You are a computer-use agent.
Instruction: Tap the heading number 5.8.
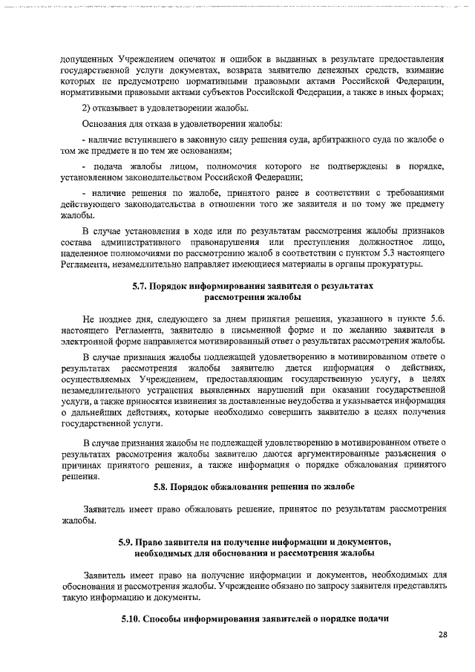coord(162,486)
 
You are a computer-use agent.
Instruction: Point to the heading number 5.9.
coord(127,543)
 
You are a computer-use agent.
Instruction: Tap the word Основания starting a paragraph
coord(105,123)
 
